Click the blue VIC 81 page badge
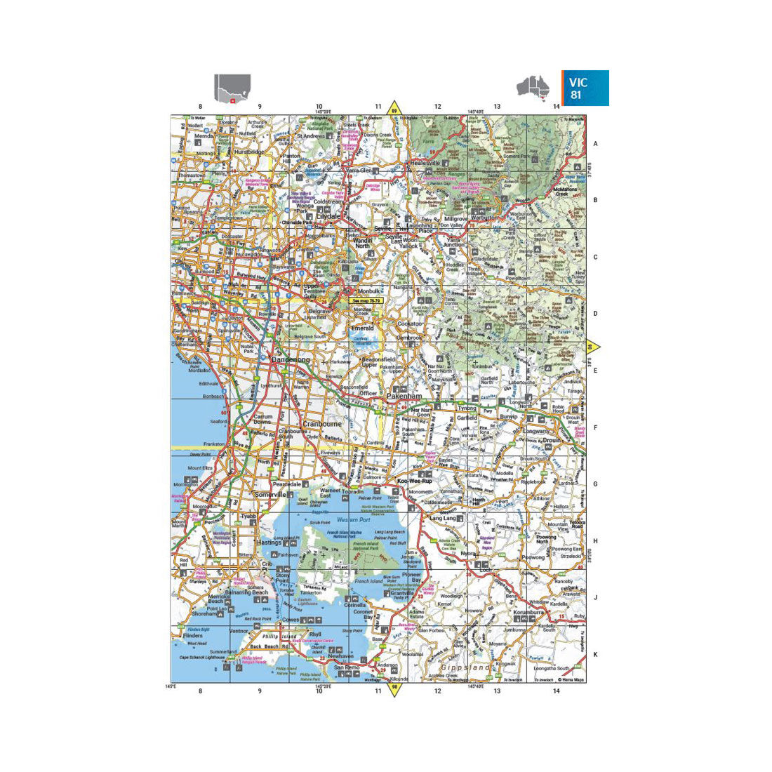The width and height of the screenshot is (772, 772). tap(585, 88)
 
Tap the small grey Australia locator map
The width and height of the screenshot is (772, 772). tap(533, 87)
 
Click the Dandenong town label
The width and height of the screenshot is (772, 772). tap(290, 359)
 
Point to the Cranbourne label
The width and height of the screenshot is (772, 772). tap(322, 424)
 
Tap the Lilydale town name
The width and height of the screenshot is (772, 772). tap(328, 216)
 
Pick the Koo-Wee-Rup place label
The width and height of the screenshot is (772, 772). tap(413, 481)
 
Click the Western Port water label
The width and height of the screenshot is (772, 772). tap(353, 520)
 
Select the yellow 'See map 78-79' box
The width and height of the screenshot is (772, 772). tap(366, 300)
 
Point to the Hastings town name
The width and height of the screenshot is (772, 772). tap(269, 543)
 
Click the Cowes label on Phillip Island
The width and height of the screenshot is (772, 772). tap(290, 620)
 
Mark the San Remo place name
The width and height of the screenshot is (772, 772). tap(347, 667)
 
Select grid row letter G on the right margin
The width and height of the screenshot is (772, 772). tap(596, 484)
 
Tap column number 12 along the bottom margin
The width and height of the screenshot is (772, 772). tap(437, 691)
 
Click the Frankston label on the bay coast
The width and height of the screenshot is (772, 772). tap(213, 444)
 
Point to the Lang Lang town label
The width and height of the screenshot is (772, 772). tap(442, 518)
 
